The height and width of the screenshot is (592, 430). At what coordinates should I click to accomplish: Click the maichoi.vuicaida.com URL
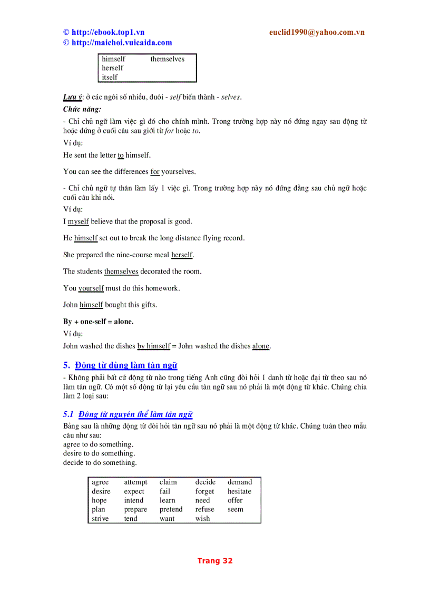[x=121, y=43]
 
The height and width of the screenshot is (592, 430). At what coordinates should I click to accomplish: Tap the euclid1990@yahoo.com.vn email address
[x=316, y=32]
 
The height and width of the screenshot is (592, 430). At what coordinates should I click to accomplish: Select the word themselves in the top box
[x=167, y=59]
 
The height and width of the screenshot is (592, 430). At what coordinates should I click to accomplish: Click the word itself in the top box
[x=110, y=77]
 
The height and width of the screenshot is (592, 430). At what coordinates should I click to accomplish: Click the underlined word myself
[x=78, y=222]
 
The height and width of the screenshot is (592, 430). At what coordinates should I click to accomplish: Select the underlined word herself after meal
[x=182, y=255]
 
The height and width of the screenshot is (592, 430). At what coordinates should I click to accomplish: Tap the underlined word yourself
[x=91, y=288]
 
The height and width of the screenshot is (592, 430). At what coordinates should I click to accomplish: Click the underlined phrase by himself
[x=153, y=346]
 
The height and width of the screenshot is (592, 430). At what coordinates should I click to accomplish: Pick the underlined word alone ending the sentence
[x=261, y=346]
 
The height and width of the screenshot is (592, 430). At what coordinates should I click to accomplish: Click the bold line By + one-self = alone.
[x=98, y=322]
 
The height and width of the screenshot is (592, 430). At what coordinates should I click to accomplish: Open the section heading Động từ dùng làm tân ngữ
[x=126, y=365]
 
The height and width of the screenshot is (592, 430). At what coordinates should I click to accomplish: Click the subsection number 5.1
[x=68, y=414]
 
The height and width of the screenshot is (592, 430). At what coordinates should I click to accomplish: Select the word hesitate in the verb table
[x=239, y=491]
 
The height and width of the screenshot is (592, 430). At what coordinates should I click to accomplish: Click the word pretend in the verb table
[x=171, y=510]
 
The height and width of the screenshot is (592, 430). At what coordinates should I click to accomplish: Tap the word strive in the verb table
[x=100, y=519]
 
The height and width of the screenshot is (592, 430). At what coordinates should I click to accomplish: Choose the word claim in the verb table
[x=168, y=482]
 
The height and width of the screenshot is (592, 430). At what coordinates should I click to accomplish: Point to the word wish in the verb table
[x=202, y=519]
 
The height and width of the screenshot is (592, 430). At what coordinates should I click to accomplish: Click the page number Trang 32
[x=214, y=561]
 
